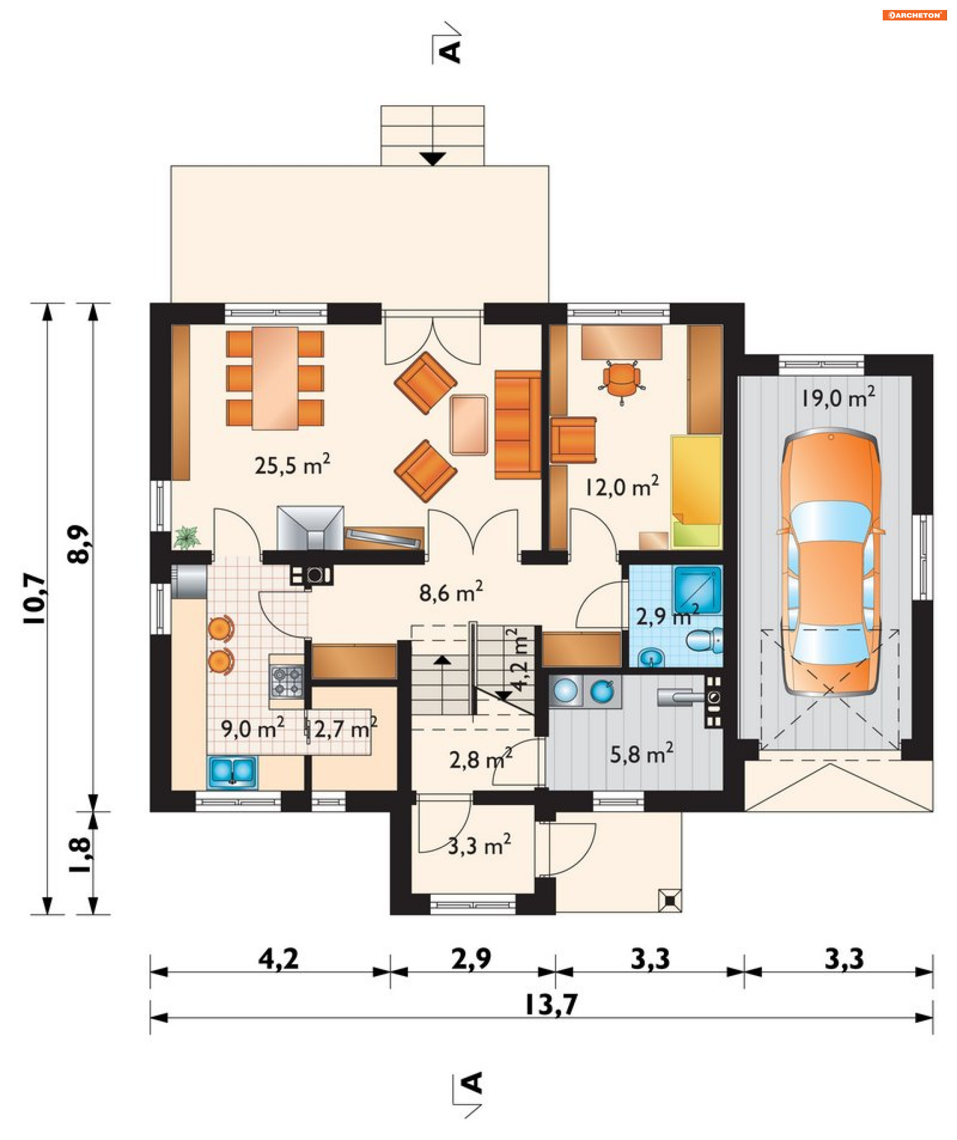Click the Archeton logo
[915, 15]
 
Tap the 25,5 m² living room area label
[293, 465]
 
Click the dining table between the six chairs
[275, 378]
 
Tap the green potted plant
[187, 537]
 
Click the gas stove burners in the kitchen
[287, 682]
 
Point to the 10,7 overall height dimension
[36, 599]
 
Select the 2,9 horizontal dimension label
[471, 958]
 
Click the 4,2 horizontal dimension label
[279, 958]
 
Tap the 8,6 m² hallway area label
[451, 592]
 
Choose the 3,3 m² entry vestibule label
[479, 845]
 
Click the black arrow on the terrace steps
[433, 159]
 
